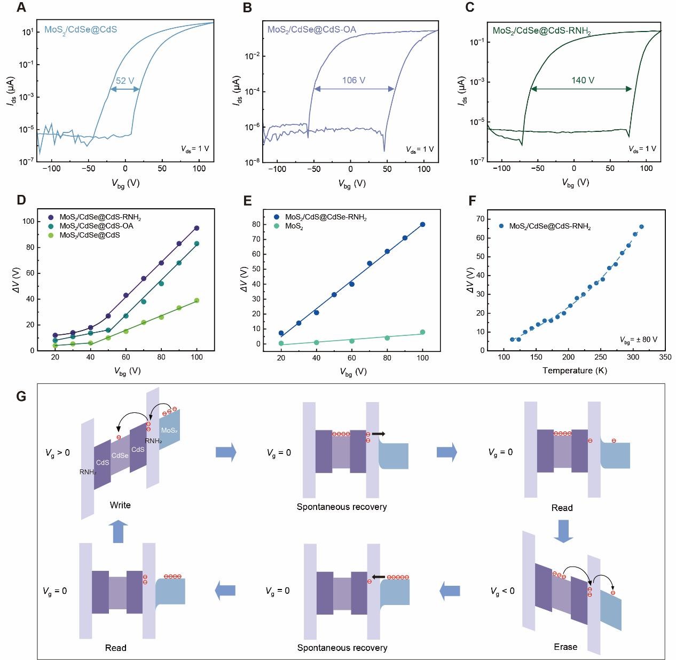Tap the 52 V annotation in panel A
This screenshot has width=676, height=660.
click(125, 81)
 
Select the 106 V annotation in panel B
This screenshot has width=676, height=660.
click(353, 81)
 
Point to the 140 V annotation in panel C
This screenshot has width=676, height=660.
click(583, 81)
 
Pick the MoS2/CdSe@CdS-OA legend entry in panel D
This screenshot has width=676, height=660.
click(96, 226)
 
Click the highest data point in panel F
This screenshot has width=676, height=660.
click(641, 226)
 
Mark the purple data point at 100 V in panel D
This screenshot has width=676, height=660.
click(196, 228)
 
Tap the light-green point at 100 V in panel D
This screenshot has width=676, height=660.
click(196, 301)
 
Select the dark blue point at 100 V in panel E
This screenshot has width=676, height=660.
click(422, 224)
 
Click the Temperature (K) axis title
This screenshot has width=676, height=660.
click(568, 370)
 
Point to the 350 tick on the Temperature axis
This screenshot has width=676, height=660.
click(665, 357)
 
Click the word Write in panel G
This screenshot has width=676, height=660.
click(120, 505)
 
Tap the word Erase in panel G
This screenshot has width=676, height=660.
click(565, 647)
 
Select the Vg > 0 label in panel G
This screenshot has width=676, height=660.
click(58, 453)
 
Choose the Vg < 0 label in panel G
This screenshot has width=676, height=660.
click(502, 591)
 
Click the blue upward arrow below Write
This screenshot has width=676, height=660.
click(119, 532)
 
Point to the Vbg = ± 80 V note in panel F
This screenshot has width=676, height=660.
click(639, 340)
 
